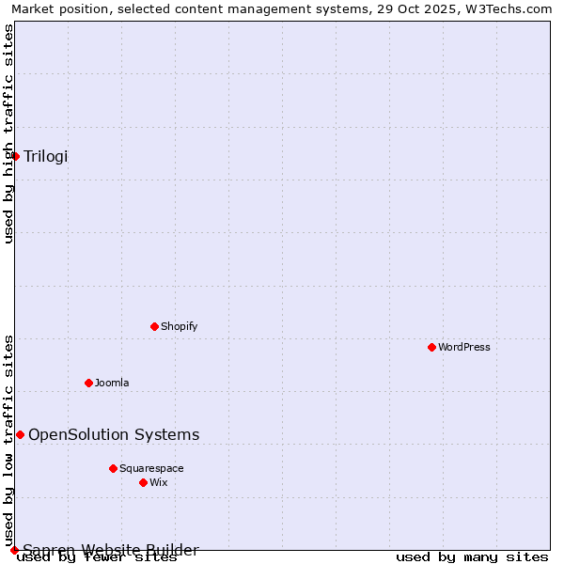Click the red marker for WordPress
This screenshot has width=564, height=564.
[431, 347]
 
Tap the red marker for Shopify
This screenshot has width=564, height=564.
[154, 326]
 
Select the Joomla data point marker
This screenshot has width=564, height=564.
[88, 383]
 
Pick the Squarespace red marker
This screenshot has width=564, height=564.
[113, 468]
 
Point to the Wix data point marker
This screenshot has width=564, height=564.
[143, 482]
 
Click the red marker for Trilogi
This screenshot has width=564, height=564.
[16, 156]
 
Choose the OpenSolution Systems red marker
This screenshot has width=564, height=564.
[20, 434]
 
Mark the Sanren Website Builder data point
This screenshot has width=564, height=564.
[14, 550]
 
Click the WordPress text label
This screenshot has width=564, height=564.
[464, 347]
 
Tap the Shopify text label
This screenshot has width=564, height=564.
[179, 326]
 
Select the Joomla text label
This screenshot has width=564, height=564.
[112, 383]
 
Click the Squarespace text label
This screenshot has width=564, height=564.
[151, 468]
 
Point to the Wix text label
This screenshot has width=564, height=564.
[158, 482]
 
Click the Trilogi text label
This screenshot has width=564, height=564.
[46, 156]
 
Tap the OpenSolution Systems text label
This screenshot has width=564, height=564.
[114, 434]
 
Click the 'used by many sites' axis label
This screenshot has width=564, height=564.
[472, 557]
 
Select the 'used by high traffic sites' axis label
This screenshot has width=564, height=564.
[8, 133]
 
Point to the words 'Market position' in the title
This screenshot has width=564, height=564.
[55, 8]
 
